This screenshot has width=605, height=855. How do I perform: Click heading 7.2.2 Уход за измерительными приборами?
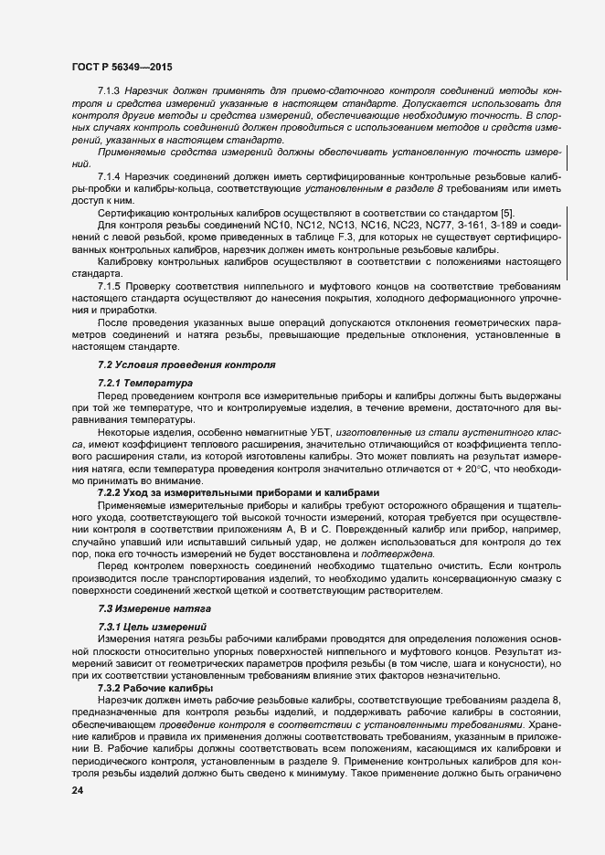[218, 491]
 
